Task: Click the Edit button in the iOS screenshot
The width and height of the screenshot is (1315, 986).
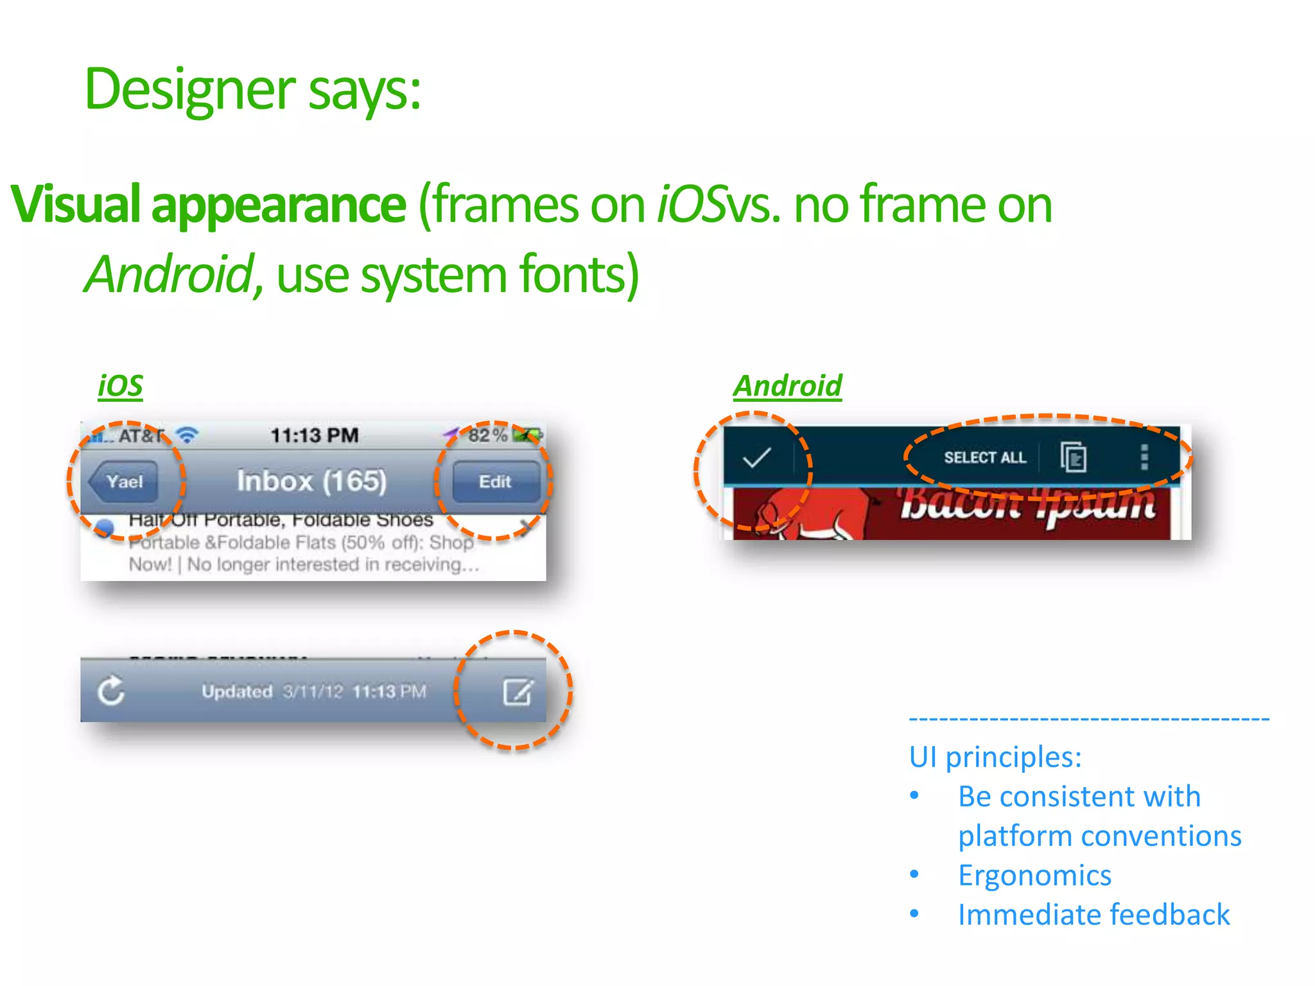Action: click(x=495, y=481)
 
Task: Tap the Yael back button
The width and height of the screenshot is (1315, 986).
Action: click(x=124, y=481)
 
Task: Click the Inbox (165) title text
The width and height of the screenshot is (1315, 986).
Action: click(x=311, y=481)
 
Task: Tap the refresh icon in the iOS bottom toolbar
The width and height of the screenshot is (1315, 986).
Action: click(x=110, y=691)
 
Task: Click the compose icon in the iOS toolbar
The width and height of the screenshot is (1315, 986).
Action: click(x=518, y=691)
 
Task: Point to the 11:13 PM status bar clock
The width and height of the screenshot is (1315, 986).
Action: click(x=314, y=435)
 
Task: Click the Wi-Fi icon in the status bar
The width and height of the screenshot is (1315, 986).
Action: click(x=187, y=435)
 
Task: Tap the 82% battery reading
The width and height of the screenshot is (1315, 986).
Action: click(x=487, y=435)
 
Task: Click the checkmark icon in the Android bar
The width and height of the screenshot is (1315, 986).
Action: click(x=756, y=458)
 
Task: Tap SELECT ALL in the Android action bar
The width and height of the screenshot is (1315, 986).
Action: click(x=985, y=458)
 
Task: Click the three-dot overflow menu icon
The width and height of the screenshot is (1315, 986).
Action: click(x=1144, y=458)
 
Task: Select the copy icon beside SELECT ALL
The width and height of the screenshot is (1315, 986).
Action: click(x=1073, y=458)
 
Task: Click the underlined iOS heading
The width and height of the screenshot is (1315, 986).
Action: click(x=120, y=386)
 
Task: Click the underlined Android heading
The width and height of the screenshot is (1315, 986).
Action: click(x=787, y=386)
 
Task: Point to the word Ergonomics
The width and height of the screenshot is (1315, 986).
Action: click(x=1034, y=876)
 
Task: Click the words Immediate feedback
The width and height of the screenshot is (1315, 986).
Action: click(x=1093, y=915)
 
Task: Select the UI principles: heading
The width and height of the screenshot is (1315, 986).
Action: click(x=995, y=757)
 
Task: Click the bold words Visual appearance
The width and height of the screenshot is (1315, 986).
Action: click(x=209, y=204)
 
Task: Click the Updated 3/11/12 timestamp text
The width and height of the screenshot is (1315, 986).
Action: click(x=313, y=691)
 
